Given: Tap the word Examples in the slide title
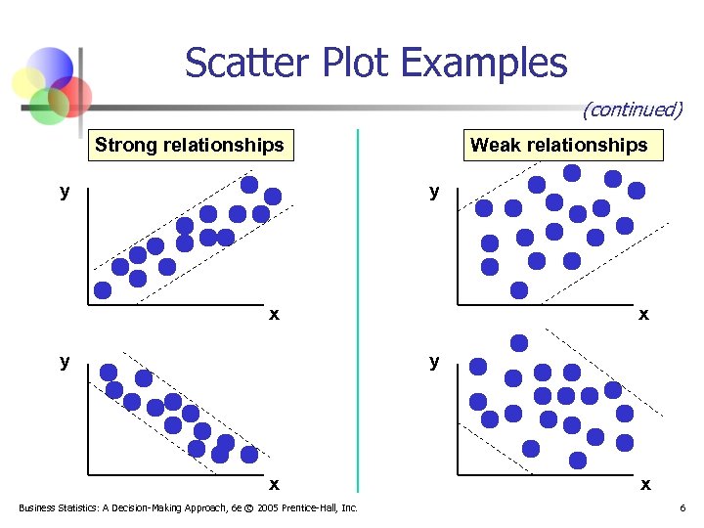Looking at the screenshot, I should tap(484, 64).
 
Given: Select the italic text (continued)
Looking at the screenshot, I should tap(632, 110).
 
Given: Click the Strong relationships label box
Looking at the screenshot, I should tap(190, 146).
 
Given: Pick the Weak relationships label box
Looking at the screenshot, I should tap(558, 146).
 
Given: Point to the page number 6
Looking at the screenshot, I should tap(682, 507).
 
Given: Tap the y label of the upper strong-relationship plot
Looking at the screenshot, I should tap(65, 191).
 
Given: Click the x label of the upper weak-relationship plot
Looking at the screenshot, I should tap(642, 314).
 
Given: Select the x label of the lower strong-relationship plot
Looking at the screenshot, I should tap(274, 483).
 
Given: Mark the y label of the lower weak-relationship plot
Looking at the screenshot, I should tap(434, 361).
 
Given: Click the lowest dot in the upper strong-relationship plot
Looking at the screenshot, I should tap(103, 289).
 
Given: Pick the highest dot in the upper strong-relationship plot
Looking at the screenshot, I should tap(249, 184).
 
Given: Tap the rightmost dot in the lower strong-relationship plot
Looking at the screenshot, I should tap(249, 454).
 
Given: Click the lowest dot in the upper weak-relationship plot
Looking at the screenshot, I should tap(519, 289).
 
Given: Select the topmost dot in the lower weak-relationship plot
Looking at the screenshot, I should tap(519, 342).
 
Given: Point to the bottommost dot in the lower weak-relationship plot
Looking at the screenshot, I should tap(578, 460).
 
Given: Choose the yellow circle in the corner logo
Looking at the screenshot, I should tap(30, 81).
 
